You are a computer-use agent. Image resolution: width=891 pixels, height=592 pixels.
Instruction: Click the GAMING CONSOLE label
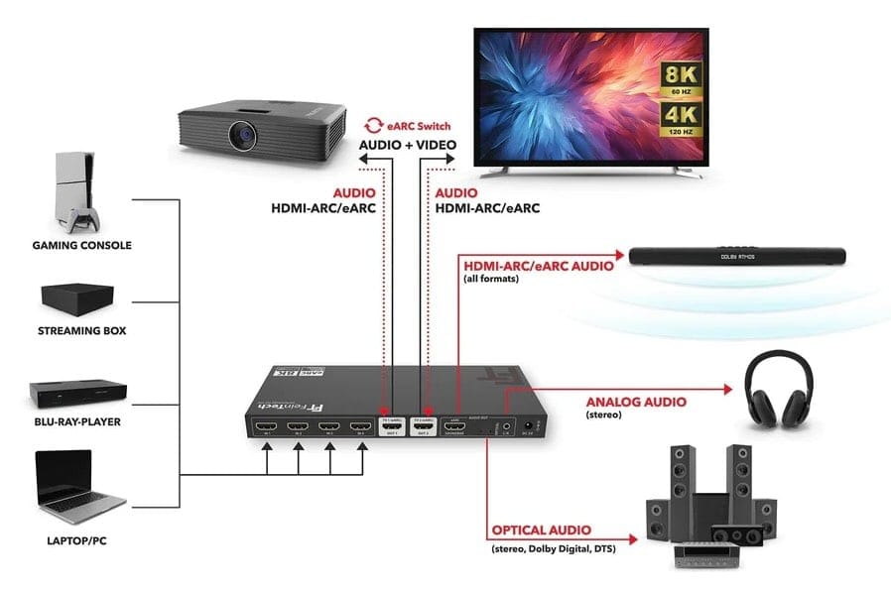(x=82, y=245)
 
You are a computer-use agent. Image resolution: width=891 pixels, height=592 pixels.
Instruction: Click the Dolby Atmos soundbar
(x=741, y=257)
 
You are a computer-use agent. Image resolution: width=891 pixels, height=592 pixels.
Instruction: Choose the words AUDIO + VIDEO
(x=407, y=145)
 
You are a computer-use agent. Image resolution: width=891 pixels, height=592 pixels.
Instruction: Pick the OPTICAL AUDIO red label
(x=541, y=531)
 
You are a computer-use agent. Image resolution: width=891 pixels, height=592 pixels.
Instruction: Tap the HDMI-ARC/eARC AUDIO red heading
(x=537, y=264)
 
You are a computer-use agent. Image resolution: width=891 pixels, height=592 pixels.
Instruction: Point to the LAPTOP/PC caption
(x=83, y=541)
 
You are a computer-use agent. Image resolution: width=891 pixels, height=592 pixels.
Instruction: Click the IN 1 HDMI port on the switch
(x=266, y=428)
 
